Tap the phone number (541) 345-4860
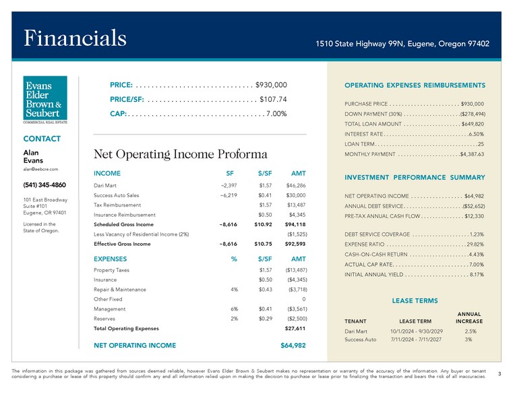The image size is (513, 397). pos(44,185)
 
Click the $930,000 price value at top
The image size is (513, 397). pos(272,85)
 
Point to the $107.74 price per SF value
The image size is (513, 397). pos(274,99)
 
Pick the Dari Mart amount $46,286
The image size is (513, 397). pos(296,185)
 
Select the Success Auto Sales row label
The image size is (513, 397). pos(117,195)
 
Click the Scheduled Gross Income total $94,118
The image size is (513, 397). pos(295,224)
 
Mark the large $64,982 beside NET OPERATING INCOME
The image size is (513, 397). pos(293,345)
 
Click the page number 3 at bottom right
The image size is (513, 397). pos(499,373)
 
